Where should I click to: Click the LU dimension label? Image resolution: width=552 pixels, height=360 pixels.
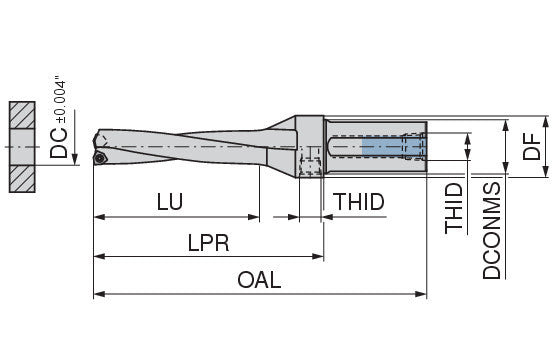coord(170,202)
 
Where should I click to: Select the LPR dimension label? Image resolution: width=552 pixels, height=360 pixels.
coord(208,242)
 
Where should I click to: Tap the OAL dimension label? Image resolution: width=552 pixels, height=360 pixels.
coord(259,280)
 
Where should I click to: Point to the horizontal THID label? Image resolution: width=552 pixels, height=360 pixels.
coord(359,202)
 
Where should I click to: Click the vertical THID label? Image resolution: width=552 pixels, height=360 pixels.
coord(454,208)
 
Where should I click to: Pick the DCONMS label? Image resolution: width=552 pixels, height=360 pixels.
coord(491,231)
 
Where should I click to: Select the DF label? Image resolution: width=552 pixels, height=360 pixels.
coord(531,146)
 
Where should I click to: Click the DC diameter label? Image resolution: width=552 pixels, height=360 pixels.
coord(58,143)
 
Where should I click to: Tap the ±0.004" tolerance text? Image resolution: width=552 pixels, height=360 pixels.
coord(61,102)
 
